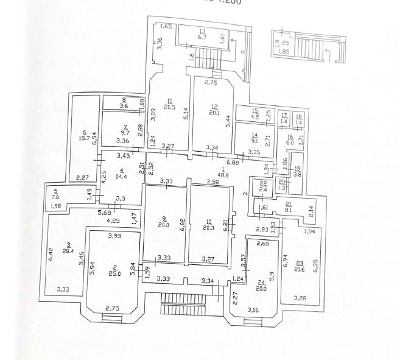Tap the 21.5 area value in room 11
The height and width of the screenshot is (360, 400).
tap(172, 107)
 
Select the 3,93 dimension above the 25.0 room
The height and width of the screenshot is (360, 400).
tap(114, 236)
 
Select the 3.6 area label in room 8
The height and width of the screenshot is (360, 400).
tap(124, 107)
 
